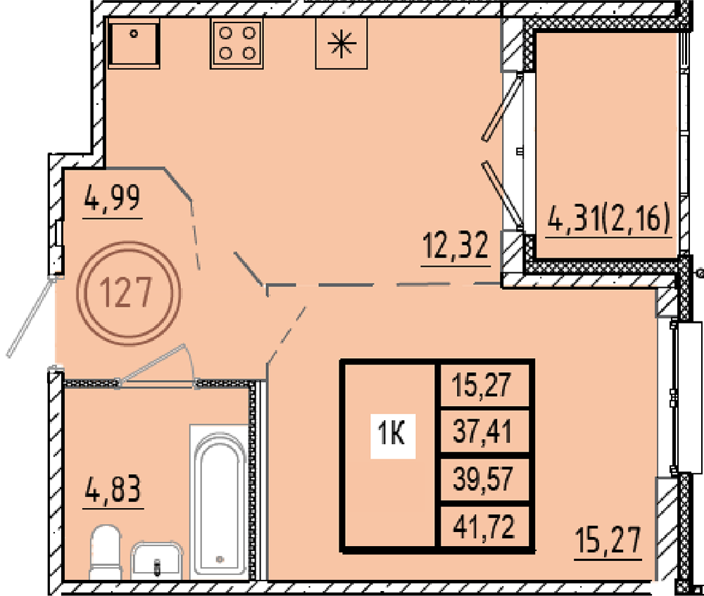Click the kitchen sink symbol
(x=134, y=44)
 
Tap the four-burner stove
(x=237, y=44)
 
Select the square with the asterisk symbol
(x=341, y=44)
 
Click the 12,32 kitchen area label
(x=455, y=246)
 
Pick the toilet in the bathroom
(x=106, y=552)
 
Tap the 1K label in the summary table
(x=392, y=435)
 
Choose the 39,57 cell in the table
(x=483, y=479)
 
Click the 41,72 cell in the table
(x=484, y=527)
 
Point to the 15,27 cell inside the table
(x=483, y=385)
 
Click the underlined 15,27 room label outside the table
(x=608, y=541)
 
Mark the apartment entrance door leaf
(x=32, y=317)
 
